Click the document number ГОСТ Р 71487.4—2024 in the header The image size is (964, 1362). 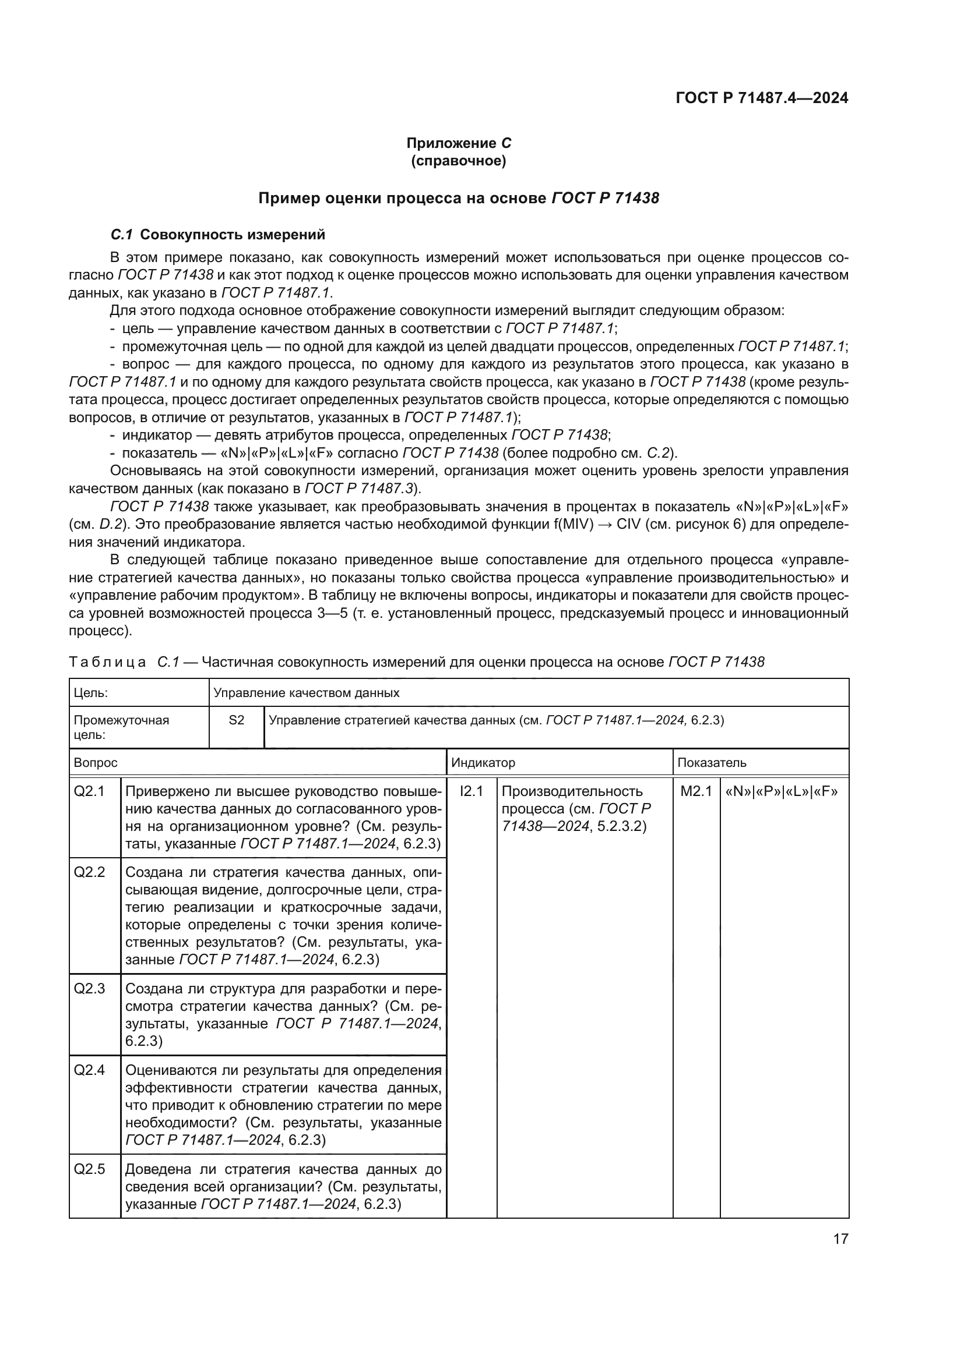tap(762, 98)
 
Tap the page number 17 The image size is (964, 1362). tap(840, 1239)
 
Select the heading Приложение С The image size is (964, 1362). tap(458, 143)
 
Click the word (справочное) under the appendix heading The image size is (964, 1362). tap(458, 161)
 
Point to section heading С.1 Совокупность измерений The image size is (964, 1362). tap(218, 234)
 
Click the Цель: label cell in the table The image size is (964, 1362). tap(91, 692)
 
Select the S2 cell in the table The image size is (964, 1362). tap(236, 720)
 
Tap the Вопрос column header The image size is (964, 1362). tap(96, 762)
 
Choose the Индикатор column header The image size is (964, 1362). tap(483, 762)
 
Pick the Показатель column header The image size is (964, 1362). tap(712, 762)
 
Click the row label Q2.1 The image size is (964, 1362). tap(89, 791)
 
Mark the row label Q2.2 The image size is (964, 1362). tap(89, 872)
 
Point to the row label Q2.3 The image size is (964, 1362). tap(89, 988)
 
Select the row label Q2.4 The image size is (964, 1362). tap(89, 1070)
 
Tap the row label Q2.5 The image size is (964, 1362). tap(89, 1169)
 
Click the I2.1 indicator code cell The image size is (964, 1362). tap(472, 791)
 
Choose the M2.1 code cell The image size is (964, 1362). tap(696, 791)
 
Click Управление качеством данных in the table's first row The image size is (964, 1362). tap(307, 692)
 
